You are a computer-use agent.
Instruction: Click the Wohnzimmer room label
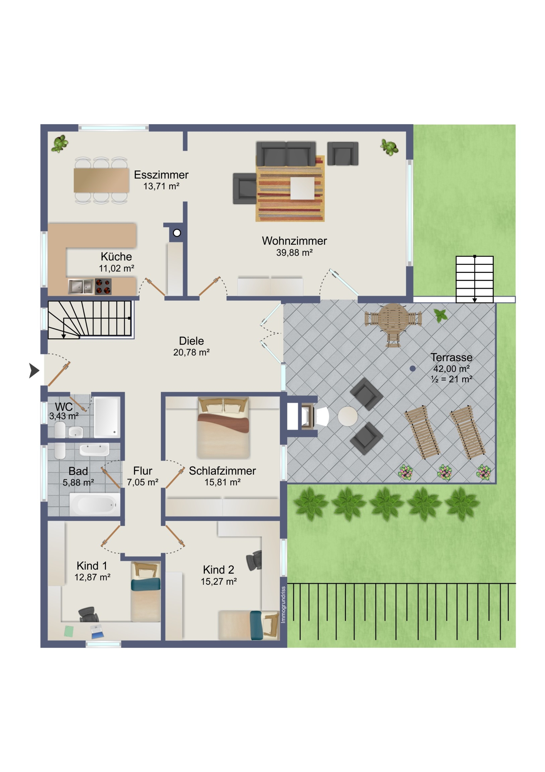click(294, 241)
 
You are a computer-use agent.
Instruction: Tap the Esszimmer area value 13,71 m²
click(161, 186)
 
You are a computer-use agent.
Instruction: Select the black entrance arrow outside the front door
click(34, 371)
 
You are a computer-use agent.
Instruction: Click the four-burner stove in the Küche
click(103, 286)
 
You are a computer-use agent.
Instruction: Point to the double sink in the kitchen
click(81, 286)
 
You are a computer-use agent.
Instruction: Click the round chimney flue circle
click(177, 233)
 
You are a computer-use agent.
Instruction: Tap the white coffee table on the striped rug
click(302, 188)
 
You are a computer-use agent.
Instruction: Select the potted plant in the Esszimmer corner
click(60, 144)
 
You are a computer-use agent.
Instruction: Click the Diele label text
click(191, 341)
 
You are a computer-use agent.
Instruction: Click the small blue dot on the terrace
click(413, 369)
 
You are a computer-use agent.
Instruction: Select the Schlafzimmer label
click(223, 471)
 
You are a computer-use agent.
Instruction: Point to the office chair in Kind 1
click(88, 614)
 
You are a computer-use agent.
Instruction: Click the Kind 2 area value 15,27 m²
click(219, 582)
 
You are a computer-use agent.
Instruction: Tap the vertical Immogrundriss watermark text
click(283, 604)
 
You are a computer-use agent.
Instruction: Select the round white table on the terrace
click(348, 416)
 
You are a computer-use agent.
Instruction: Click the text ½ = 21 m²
click(452, 379)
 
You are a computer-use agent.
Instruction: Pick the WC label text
click(64, 406)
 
